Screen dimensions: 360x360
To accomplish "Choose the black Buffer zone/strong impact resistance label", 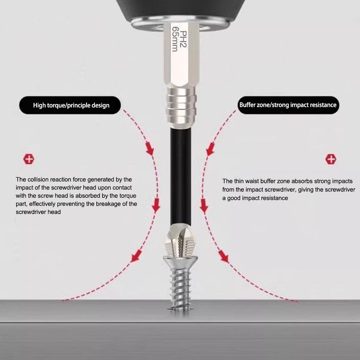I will pos(288,105).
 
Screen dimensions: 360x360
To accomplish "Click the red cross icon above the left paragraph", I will pos(28,159).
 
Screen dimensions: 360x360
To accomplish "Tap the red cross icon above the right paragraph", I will pos(331,159).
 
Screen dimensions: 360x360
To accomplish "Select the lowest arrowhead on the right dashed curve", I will pos(224,257).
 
